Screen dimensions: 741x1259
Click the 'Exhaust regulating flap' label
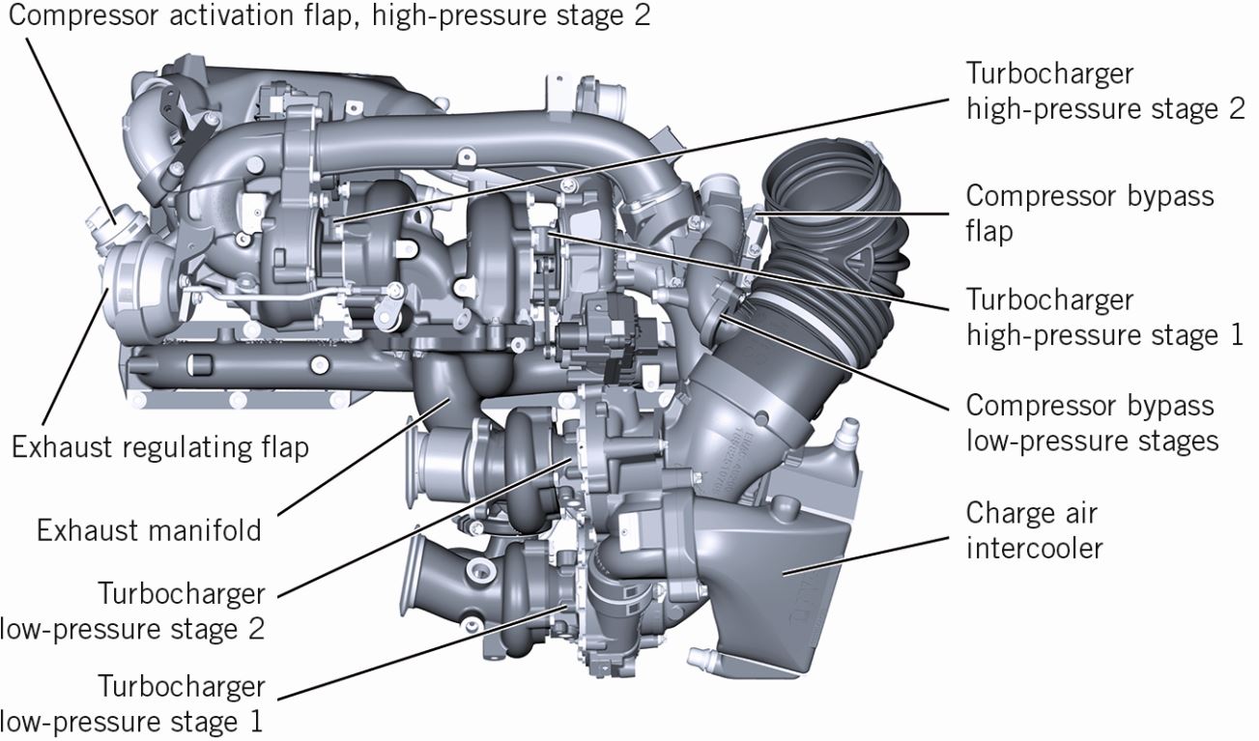pyautogui.click(x=159, y=447)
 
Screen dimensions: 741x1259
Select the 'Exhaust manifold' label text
pyautogui.click(x=149, y=530)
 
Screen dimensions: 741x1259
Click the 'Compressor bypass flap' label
pyautogui.click(x=1089, y=214)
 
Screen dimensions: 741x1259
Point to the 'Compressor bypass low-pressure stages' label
pyautogui.click(x=1091, y=423)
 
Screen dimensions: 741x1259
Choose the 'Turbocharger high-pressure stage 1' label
pyautogui.click(x=1104, y=318)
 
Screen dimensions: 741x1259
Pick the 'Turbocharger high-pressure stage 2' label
pyautogui.click(x=1104, y=91)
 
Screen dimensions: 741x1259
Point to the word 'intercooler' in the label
pyautogui.click(x=1035, y=549)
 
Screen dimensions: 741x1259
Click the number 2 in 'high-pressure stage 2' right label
pyautogui.click(x=1235, y=108)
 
